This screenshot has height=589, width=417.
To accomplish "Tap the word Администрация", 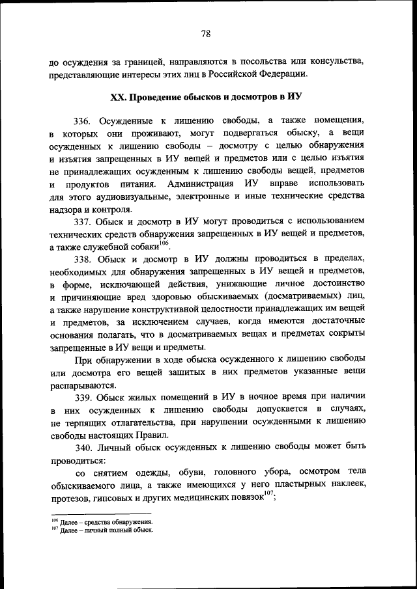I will tap(202, 185).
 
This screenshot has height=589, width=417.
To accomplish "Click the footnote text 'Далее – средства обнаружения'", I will tap(107, 522).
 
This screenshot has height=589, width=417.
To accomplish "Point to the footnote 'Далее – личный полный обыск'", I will tap(106, 530).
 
